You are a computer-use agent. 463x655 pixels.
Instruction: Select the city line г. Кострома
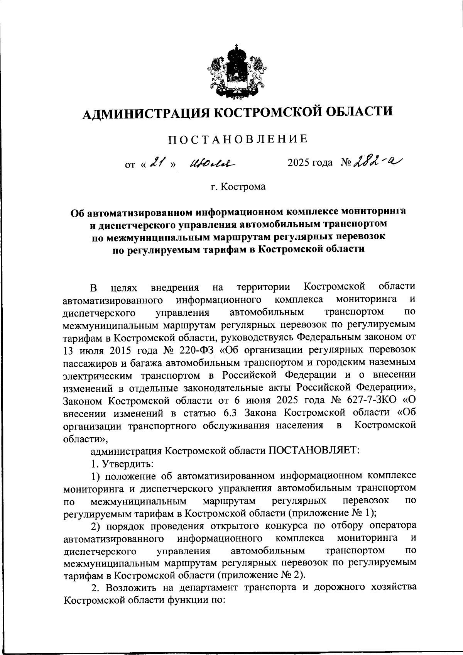pyautogui.click(x=238, y=187)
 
